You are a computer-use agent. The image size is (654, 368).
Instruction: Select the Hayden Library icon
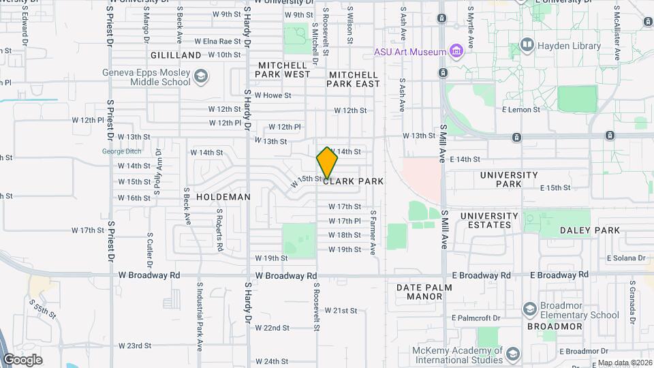point(527,46)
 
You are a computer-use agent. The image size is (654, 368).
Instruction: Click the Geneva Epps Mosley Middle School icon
point(200,76)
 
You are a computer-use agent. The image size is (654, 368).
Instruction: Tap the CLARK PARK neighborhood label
point(354,181)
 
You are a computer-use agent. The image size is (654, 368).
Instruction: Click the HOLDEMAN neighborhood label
point(223,196)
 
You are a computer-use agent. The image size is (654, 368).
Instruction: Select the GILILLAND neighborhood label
point(176,55)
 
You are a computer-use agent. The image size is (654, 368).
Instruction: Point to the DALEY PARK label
point(590,230)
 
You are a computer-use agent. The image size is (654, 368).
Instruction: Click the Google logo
point(23,359)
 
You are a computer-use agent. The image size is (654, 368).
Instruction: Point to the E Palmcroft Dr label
point(476,318)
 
